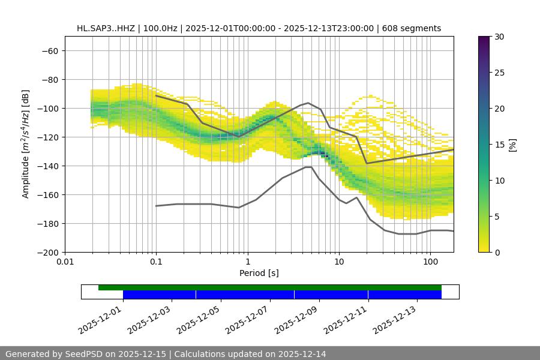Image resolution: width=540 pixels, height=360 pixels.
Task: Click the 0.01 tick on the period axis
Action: tap(65, 262)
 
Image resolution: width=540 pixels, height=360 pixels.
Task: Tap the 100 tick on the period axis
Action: tap(430, 262)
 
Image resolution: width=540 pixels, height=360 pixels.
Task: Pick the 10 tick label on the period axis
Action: tap(339, 262)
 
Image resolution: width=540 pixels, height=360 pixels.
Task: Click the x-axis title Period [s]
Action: tap(259, 273)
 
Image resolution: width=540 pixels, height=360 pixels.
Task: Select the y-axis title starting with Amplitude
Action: tap(26, 144)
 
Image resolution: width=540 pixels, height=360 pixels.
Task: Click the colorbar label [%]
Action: tap(512, 145)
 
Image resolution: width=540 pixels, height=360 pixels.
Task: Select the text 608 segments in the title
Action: tap(413, 28)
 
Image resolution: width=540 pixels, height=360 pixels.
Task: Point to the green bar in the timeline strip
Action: tap(270, 287)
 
